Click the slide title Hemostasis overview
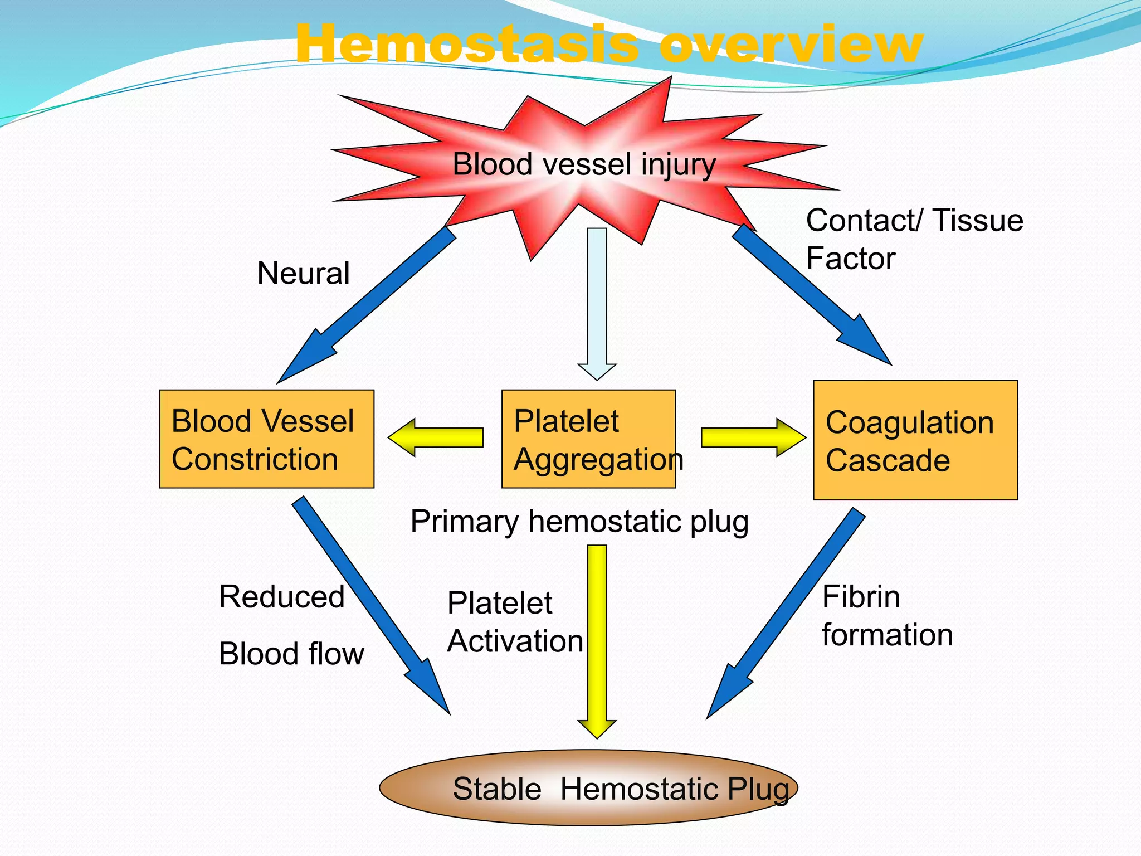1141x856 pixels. [x=608, y=45]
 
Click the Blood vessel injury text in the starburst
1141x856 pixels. [x=583, y=165]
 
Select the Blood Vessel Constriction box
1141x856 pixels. [x=266, y=439]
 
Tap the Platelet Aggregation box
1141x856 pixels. [x=588, y=439]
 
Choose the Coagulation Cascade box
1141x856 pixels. [x=915, y=440]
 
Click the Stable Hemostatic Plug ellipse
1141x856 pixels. [x=588, y=788]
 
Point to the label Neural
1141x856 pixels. [x=303, y=274]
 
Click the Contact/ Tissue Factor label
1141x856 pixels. [x=914, y=239]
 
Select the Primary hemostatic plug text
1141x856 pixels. [x=579, y=522]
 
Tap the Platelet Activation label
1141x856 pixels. [x=515, y=622]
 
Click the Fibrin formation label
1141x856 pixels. [x=887, y=616]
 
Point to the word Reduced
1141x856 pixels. [x=281, y=597]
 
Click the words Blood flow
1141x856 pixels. [x=291, y=654]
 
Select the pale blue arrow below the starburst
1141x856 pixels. [x=597, y=301]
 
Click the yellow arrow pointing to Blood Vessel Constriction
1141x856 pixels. [x=437, y=437]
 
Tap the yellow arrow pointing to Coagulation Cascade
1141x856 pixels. [x=752, y=437]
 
